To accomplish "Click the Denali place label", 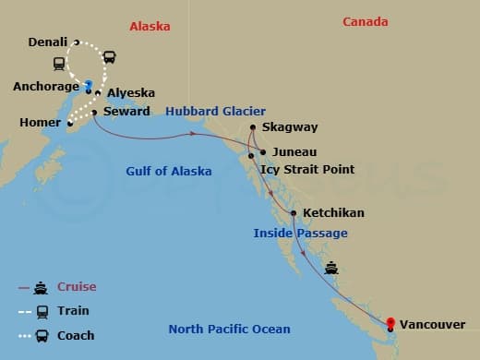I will point(48,42).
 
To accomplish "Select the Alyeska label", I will point(130,93).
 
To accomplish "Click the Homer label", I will point(40,123).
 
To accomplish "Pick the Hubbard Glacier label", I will point(215,112).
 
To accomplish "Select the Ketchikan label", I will point(333,213).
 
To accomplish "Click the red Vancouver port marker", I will point(390,322).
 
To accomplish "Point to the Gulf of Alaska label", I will point(169,171).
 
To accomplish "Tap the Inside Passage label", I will point(300,234).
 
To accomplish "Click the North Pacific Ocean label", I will point(229,330).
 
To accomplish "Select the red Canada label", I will point(365,22).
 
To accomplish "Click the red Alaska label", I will point(150,27).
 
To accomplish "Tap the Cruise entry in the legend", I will point(77,287).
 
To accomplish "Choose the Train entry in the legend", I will point(73,311).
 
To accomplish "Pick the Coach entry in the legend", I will point(75,335).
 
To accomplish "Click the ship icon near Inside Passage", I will point(332,269).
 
